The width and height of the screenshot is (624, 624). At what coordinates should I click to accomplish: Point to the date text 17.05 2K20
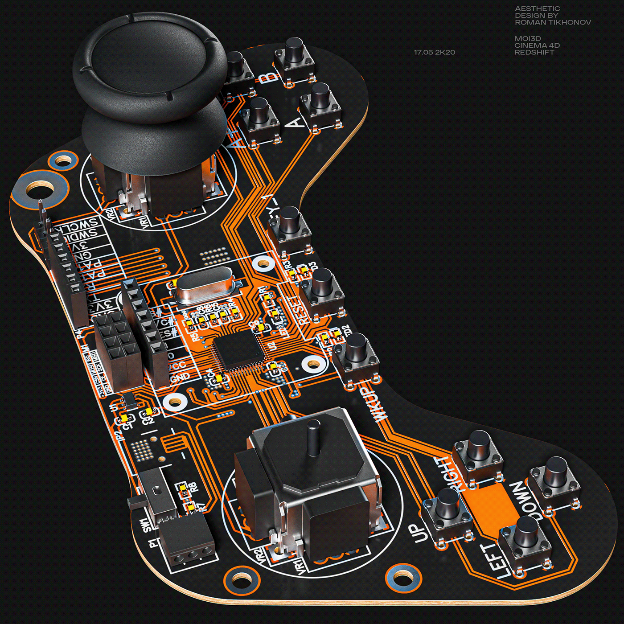[434, 52]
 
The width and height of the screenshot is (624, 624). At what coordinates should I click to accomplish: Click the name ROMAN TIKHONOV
[553, 22]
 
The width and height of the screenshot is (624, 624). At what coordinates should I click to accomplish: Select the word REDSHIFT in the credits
[534, 52]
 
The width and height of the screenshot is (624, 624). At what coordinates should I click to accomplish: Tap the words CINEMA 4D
[537, 45]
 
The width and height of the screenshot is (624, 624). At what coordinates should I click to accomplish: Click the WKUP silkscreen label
[374, 403]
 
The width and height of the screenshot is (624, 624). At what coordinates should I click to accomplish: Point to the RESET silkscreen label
[300, 310]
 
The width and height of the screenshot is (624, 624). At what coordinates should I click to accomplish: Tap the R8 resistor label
[193, 487]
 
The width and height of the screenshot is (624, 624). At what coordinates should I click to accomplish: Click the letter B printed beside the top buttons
[267, 77]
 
